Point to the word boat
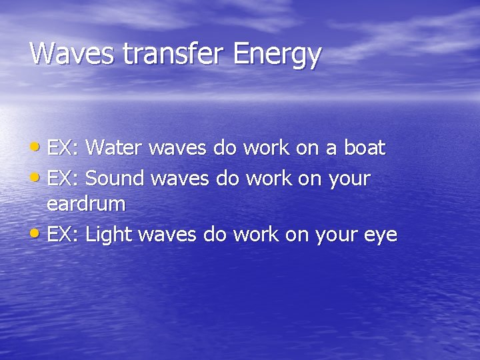tap(364, 148)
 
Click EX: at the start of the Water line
tap(63, 148)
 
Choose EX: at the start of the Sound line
tap(63, 178)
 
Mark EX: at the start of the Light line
tap(63, 235)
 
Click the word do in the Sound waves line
tap(225, 178)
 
